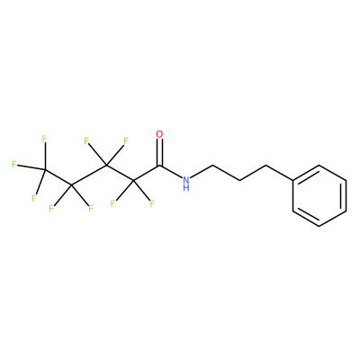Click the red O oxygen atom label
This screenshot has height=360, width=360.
pos(160,134)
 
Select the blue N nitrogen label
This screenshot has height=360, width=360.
pos(186,180)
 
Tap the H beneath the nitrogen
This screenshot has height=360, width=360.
pos(186,188)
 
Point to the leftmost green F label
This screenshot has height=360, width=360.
pos(13,164)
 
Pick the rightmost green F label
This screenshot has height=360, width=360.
pos(152,204)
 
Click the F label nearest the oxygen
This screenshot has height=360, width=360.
pos(126,140)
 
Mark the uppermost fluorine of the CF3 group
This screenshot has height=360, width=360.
pos(44,139)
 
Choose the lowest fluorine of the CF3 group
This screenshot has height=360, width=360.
pos(34,198)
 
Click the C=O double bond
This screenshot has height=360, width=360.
pos(160,152)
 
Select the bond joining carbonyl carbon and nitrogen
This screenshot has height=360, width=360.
pos(171,172)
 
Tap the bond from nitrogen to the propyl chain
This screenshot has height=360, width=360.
pos(202,172)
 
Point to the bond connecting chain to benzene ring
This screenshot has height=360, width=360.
pos(279,173)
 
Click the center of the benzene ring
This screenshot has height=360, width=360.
pos(319,195)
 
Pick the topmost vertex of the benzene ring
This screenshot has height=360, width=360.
pos(319,165)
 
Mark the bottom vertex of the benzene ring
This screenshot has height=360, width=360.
pos(319,226)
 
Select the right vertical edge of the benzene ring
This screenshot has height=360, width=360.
pos(346,195)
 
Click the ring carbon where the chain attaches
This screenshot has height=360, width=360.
pos(292,180)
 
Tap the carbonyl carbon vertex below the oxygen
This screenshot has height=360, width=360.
pos(160,166)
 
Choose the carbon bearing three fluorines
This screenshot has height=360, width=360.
pos(45,169)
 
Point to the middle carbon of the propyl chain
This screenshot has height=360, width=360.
pos(239,180)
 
